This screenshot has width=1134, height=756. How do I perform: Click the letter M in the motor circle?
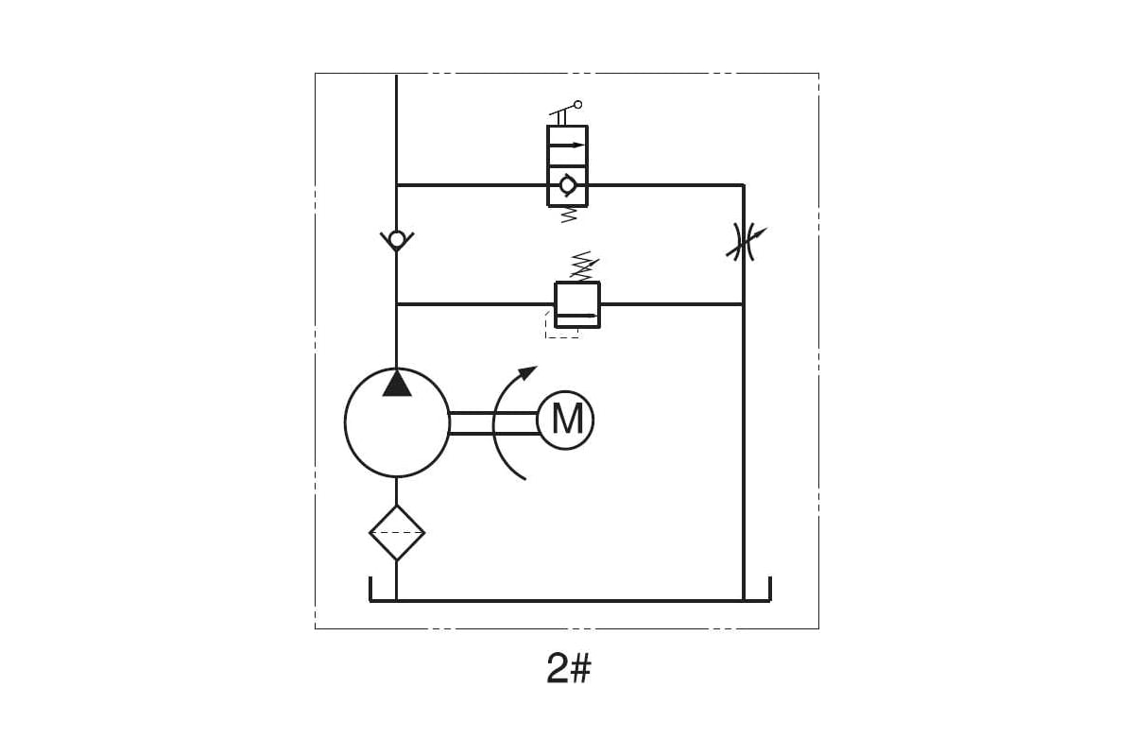tap(566, 419)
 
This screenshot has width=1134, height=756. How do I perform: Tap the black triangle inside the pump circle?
tap(397, 384)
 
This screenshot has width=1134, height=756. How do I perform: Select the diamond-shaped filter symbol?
tap(397, 533)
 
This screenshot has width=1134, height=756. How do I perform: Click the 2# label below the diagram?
tap(569, 668)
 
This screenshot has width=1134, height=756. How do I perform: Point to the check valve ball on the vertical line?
tap(397, 238)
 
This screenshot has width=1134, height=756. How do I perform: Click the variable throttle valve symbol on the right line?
tap(745, 242)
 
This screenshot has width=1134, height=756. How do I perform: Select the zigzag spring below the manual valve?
tap(569, 214)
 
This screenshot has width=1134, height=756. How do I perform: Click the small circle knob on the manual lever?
tap(578, 105)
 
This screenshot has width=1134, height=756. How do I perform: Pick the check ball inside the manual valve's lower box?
tap(568, 186)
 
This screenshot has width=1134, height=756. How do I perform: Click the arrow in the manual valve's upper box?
tap(567, 146)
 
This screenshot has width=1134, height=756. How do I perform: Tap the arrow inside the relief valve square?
tap(577, 316)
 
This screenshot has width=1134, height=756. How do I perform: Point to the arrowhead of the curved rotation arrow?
tap(528, 372)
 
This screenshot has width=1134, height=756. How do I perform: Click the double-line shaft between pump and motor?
tap(493, 423)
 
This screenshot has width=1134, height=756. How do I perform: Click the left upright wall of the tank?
tap(371, 589)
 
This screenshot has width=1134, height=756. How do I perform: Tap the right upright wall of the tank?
tap(770, 589)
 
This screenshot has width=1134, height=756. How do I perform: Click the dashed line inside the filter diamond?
tap(397, 533)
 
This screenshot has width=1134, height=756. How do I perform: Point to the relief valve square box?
tap(577, 305)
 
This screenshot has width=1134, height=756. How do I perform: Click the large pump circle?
tap(345, 421)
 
